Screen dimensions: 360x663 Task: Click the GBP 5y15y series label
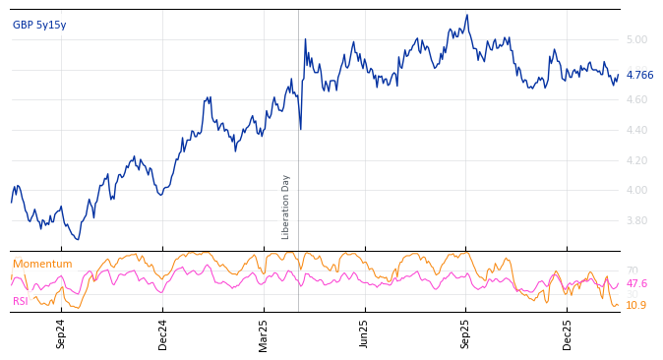pyautogui.click(x=39, y=25)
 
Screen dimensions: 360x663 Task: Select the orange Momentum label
pyautogui.click(x=42, y=264)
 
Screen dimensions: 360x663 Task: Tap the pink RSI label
pyautogui.click(x=20, y=301)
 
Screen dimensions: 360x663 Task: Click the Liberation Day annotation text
pyautogui.click(x=286, y=207)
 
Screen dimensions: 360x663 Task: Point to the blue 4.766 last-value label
pyautogui.click(x=639, y=75)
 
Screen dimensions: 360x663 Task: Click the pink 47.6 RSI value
pyautogui.click(x=636, y=283)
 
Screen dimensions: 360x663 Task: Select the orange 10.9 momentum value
pyautogui.click(x=636, y=305)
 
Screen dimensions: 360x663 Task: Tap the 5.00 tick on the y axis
pyautogui.click(x=635, y=40)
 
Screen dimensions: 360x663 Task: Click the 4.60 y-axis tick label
pyautogui.click(x=635, y=100)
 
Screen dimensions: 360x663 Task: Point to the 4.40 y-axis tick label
pyautogui.click(x=635, y=130)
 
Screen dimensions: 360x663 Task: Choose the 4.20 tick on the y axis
pyautogui.click(x=635, y=160)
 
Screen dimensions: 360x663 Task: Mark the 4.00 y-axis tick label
pyautogui.click(x=635, y=191)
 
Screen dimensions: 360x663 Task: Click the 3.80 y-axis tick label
pyautogui.click(x=635, y=220)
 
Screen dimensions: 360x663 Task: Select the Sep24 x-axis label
pyautogui.click(x=61, y=333)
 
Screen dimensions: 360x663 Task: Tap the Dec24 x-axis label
pyautogui.click(x=163, y=333)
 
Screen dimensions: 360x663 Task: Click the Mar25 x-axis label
pyautogui.click(x=264, y=333)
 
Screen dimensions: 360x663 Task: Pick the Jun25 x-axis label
pyautogui.click(x=364, y=333)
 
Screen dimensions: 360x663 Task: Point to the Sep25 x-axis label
pyautogui.click(x=466, y=333)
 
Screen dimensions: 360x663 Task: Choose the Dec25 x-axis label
pyautogui.click(x=568, y=333)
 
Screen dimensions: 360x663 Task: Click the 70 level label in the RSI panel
pyautogui.click(x=632, y=270)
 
